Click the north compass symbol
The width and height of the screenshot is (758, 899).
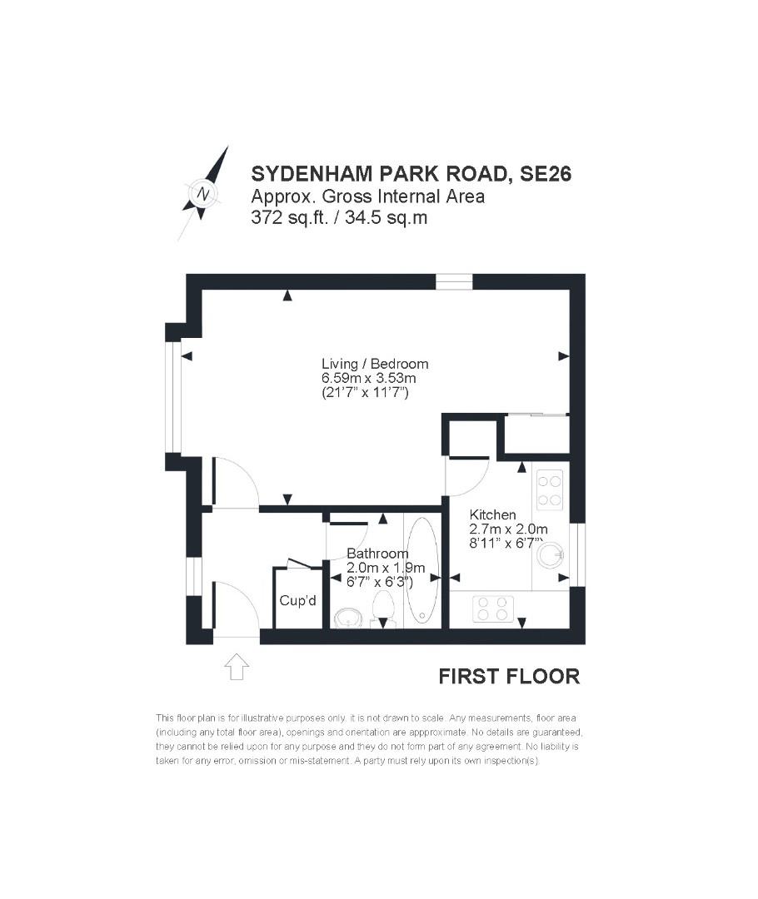tap(204, 194)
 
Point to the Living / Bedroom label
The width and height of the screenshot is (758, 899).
tap(375, 364)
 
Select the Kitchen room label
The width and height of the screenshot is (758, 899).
tap(492, 514)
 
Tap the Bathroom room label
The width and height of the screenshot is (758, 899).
tap(377, 554)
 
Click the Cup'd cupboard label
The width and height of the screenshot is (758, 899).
tap(297, 600)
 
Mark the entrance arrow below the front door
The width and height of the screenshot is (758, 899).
tap(237, 666)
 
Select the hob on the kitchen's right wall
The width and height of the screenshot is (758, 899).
tap(550, 489)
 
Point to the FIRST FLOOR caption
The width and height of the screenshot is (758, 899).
tap(509, 676)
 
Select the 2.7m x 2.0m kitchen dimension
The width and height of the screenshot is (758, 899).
tap(508, 529)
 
